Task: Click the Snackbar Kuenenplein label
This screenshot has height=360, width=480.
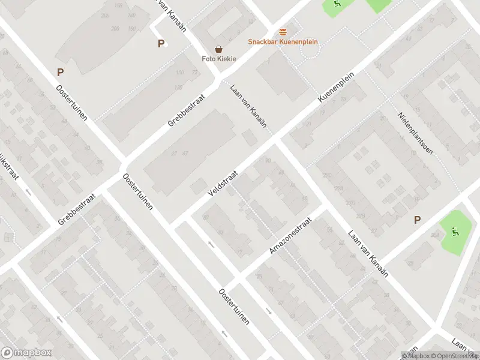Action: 283,42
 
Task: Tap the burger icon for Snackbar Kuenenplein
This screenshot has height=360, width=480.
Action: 283,32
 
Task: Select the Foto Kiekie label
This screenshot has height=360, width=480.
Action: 218,59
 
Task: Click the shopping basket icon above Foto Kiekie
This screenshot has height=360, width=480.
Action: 219,49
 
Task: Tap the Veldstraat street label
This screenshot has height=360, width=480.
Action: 223,182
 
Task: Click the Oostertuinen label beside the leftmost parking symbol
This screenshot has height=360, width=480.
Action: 72,103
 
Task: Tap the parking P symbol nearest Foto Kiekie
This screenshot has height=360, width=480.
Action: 161,43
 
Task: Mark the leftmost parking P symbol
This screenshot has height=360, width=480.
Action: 60,73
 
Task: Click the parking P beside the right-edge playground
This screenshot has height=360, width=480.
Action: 417,220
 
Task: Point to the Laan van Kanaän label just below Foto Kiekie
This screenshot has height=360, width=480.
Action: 248,105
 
